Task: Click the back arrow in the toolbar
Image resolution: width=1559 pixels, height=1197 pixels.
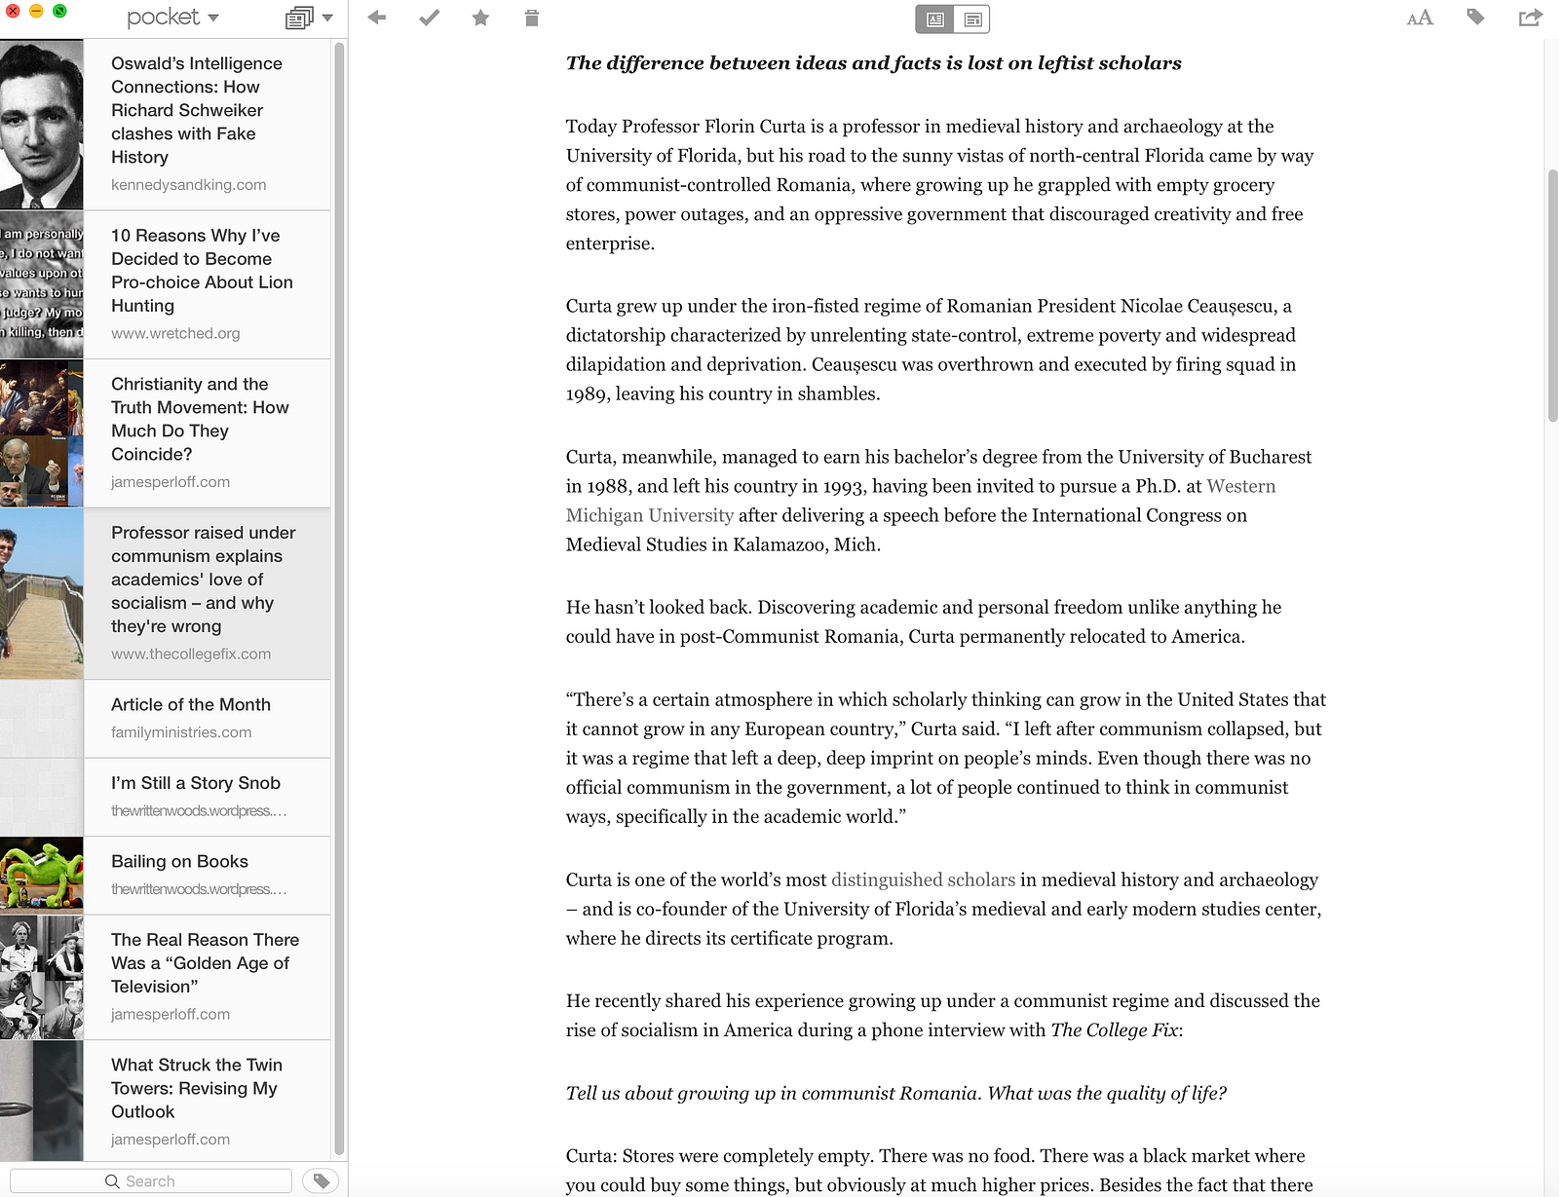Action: point(377,18)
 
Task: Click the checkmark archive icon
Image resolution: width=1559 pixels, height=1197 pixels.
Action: point(429,18)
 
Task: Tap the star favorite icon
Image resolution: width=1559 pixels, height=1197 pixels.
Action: point(480,18)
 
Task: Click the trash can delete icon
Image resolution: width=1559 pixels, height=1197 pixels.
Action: point(531,18)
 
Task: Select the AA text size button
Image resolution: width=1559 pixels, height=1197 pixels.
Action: point(1420,18)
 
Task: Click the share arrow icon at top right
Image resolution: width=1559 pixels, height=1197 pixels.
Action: point(1530,18)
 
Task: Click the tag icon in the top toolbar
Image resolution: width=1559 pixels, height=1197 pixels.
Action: point(1475,17)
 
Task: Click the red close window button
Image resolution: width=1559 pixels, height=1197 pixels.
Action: point(13,11)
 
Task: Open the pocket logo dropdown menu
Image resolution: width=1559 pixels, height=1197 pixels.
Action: point(172,18)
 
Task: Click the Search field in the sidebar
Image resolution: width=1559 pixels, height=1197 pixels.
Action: point(151,1180)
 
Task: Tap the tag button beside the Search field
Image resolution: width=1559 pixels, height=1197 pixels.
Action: point(321,1180)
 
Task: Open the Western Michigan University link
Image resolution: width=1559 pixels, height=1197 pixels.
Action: point(1240,486)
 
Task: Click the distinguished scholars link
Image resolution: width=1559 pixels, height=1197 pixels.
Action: point(923,879)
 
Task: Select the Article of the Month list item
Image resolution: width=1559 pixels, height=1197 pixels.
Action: point(191,704)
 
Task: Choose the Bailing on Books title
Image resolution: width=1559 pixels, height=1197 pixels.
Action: point(179,861)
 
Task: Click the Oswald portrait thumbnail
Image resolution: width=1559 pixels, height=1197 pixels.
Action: point(42,125)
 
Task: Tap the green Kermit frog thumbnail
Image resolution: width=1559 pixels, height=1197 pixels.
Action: point(42,875)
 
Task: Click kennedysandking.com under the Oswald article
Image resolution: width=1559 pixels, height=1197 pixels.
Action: point(188,184)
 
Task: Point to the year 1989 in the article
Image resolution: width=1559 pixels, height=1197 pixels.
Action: point(587,393)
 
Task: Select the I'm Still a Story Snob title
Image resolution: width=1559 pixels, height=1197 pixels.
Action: point(196,783)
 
